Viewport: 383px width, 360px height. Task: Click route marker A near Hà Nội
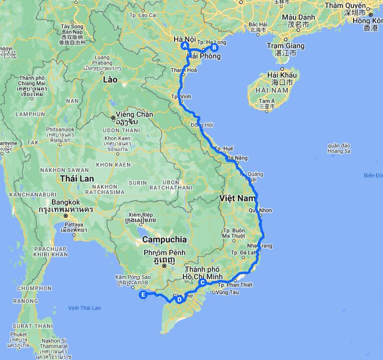click(x=185, y=46)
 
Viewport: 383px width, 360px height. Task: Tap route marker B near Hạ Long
click(x=214, y=48)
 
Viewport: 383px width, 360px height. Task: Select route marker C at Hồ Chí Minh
click(x=202, y=282)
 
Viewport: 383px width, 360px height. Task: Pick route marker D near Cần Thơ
click(x=179, y=299)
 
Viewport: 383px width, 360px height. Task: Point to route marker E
click(x=143, y=295)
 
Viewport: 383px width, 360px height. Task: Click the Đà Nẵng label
click(x=238, y=158)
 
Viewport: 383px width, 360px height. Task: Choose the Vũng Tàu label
click(x=227, y=292)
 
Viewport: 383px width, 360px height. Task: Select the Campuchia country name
click(x=164, y=240)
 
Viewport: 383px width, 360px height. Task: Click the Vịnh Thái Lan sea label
click(x=84, y=308)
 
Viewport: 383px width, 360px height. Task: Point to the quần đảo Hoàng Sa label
click(x=339, y=148)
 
